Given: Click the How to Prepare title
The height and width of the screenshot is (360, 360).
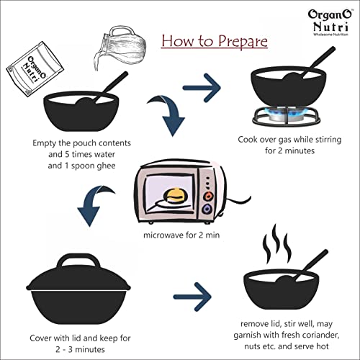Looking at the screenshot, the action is pos(215,41).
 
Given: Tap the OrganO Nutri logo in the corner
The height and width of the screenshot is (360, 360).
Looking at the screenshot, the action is pos(330,22).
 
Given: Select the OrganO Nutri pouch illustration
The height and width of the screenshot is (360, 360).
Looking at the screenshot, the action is pos(35,69).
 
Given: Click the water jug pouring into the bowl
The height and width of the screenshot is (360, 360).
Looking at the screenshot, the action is pos(120,48).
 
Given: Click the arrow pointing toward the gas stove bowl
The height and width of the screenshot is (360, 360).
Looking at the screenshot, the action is pos(202,88).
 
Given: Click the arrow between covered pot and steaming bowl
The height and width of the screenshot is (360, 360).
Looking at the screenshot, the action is pos(192,297).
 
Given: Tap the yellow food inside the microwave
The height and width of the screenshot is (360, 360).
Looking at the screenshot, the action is pos(176,195).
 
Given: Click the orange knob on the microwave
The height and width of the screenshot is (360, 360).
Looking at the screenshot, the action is pos(208,196).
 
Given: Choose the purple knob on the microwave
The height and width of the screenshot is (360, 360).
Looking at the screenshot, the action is pos(207,209).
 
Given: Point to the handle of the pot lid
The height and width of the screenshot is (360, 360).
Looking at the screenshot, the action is pos(79,261).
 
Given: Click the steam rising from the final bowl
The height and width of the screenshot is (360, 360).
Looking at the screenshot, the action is pos(277,243).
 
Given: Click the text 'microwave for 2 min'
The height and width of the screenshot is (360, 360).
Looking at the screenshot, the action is pos(181,235).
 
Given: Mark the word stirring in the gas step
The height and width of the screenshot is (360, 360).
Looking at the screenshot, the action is pos(328,140).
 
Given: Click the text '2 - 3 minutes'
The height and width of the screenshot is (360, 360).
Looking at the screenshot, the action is pos(80,349).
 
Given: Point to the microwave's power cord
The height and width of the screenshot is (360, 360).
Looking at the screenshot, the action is pos(238,201).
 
